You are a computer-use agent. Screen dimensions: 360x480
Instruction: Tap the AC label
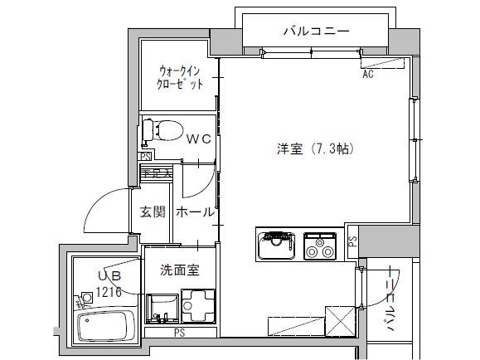coord(368,75)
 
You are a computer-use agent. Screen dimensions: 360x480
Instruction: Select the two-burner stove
coord(319,244)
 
